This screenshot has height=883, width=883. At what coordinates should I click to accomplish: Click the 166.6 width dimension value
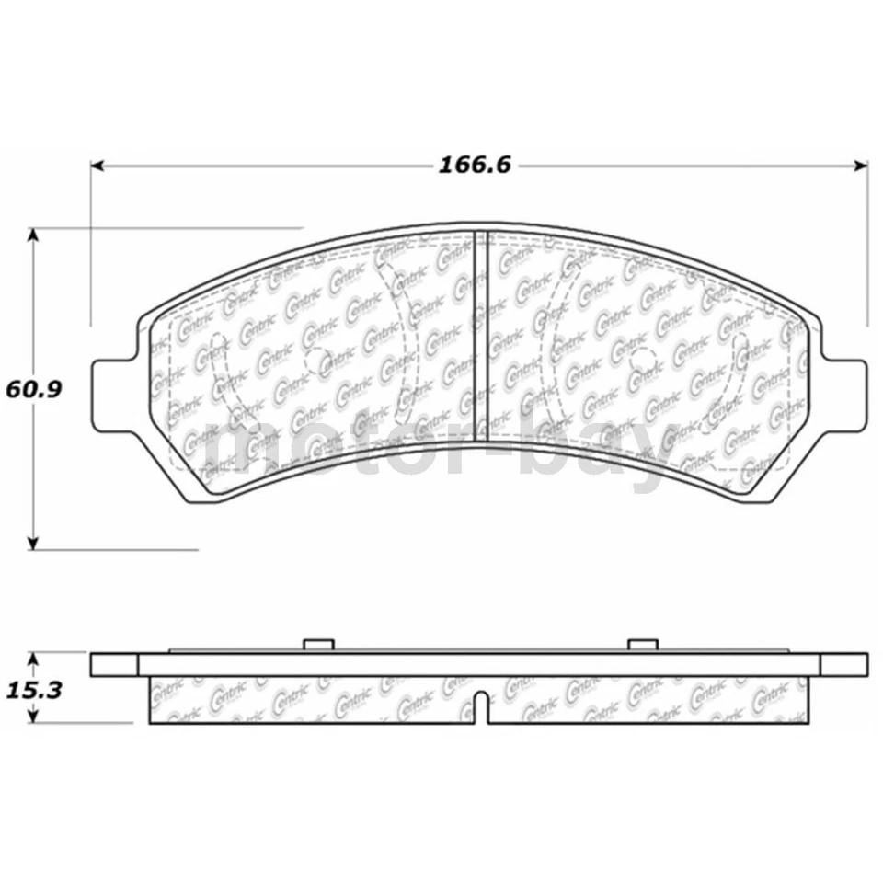(x=474, y=166)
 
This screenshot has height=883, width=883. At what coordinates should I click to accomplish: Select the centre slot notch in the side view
(x=482, y=707)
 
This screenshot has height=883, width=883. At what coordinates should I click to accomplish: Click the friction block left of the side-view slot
(x=313, y=700)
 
